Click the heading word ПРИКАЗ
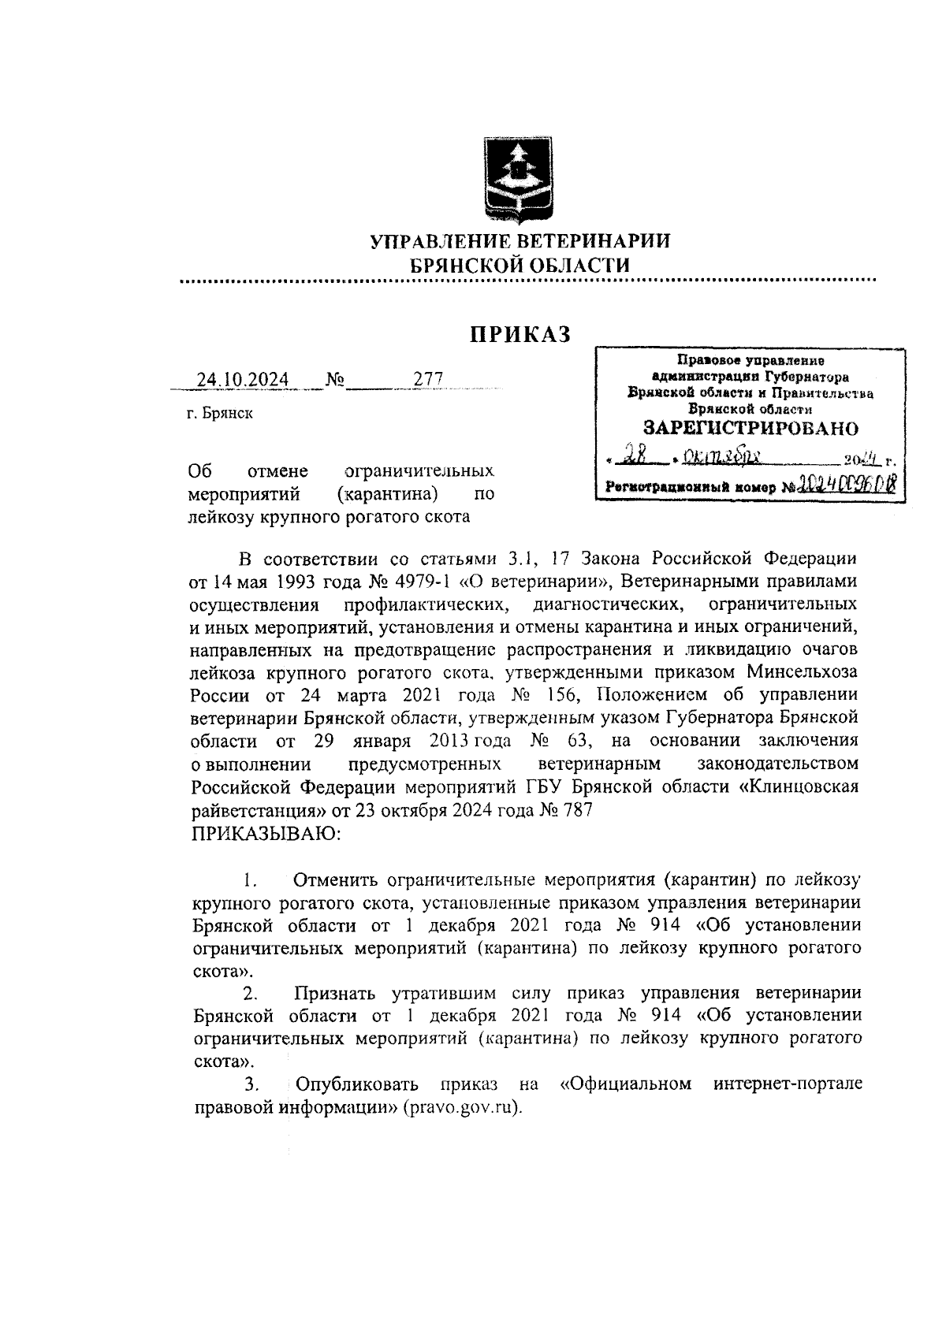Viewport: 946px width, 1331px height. click(x=520, y=335)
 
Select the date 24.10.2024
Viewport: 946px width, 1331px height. click(x=242, y=380)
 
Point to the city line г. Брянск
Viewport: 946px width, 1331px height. click(x=221, y=413)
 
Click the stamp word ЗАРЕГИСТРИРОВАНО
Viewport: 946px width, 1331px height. click(x=750, y=429)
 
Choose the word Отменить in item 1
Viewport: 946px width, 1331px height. click(x=337, y=879)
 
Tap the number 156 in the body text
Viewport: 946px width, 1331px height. click(x=557, y=696)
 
